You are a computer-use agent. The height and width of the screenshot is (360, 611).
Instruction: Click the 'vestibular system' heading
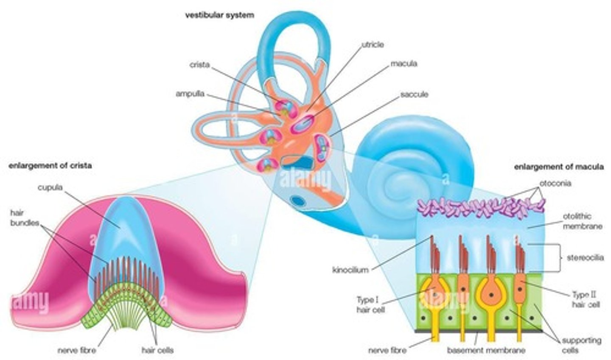tap(219, 15)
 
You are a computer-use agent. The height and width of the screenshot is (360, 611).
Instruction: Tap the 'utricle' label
tap(372, 44)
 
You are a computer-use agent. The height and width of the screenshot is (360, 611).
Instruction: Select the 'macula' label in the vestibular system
tap(404, 64)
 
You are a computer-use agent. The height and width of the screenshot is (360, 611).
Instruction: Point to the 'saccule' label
tap(414, 94)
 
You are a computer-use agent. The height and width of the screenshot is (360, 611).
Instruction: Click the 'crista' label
tap(199, 65)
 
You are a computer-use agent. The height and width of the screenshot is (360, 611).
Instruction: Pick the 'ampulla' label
tap(190, 94)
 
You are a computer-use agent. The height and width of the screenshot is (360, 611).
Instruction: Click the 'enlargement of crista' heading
tap(50, 166)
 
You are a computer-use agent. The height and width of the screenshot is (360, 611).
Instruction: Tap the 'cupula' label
tap(50, 187)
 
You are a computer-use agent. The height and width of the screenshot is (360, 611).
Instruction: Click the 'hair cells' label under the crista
tap(157, 350)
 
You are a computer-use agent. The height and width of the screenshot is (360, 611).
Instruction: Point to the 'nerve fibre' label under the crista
tap(77, 350)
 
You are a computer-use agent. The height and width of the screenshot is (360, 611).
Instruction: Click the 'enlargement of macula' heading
tap(558, 167)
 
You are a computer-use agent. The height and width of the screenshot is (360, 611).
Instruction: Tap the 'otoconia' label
tap(555, 184)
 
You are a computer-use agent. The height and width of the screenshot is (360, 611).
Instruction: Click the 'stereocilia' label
tap(585, 257)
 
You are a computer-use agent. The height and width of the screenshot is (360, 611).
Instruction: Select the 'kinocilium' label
tap(350, 270)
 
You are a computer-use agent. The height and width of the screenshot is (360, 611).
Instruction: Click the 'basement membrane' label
tap(486, 350)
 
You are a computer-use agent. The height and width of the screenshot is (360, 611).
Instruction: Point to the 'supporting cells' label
tap(581, 345)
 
